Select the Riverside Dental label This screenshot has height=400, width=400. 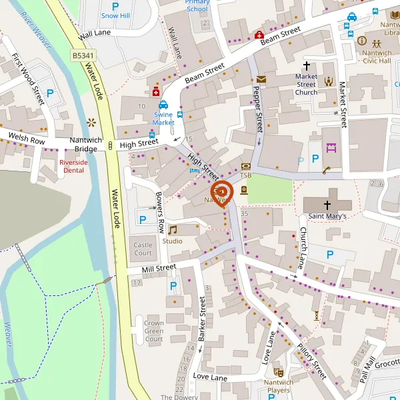72,166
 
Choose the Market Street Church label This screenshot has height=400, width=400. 306,84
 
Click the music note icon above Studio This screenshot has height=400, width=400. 172,230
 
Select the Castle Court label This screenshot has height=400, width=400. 143,249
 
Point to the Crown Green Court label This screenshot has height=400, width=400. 154,331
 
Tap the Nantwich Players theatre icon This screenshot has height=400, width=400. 278,372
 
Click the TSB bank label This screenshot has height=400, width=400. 246,175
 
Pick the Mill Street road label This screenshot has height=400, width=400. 159,268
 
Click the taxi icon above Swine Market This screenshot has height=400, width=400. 163,105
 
